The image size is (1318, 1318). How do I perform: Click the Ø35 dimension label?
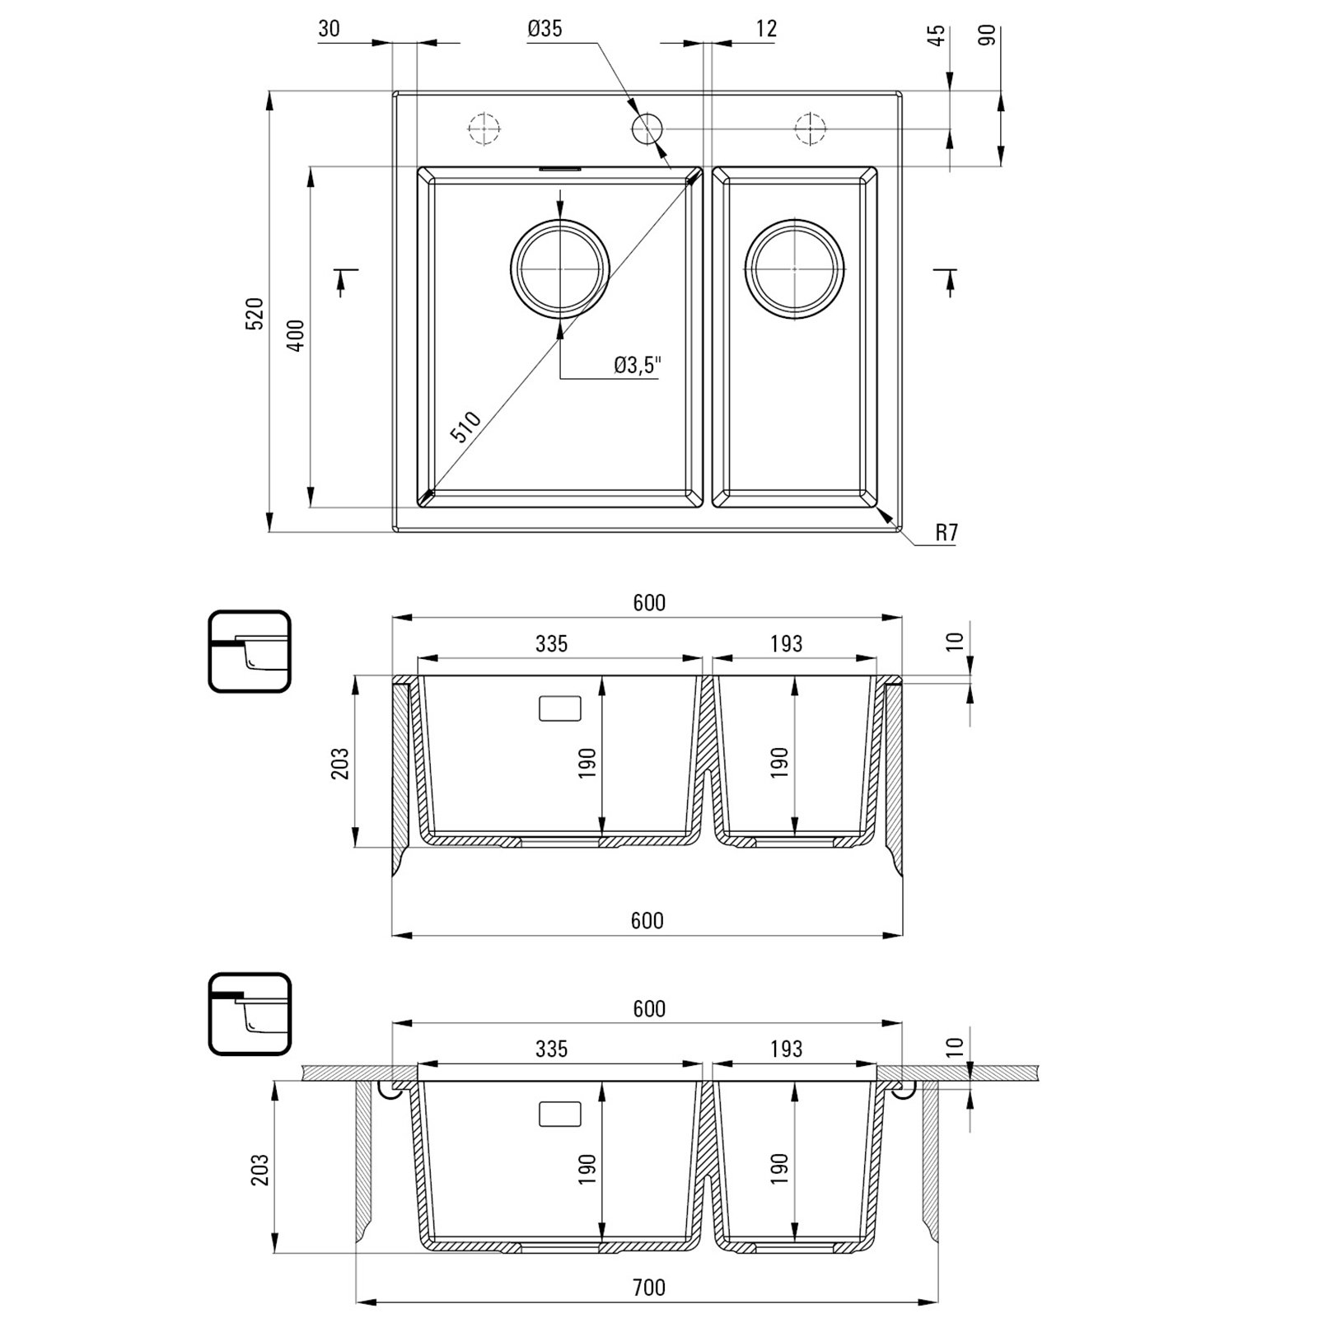[544, 29]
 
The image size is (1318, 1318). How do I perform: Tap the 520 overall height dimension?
[255, 314]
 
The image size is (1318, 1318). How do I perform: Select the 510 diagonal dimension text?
[465, 428]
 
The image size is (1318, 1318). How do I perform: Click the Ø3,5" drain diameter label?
[638, 365]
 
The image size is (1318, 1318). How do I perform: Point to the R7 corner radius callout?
[946, 533]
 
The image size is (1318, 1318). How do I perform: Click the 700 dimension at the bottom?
[649, 1287]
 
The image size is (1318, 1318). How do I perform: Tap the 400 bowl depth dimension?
[297, 335]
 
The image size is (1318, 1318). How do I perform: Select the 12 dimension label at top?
[765, 29]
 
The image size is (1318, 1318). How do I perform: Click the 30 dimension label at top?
[329, 29]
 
